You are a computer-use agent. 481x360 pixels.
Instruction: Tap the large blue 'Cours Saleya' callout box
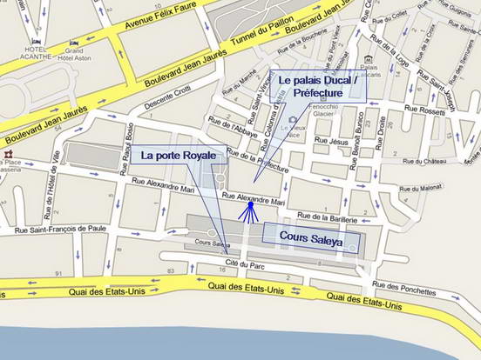(312, 236)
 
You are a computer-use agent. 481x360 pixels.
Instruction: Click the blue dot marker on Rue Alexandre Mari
(250, 206)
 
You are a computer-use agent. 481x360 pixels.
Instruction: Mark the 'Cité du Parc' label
(244, 262)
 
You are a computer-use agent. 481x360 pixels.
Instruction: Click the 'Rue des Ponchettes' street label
(404, 290)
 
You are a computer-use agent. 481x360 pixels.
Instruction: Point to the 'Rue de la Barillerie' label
(331, 216)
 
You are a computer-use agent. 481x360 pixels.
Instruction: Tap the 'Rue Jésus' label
(333, 141)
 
